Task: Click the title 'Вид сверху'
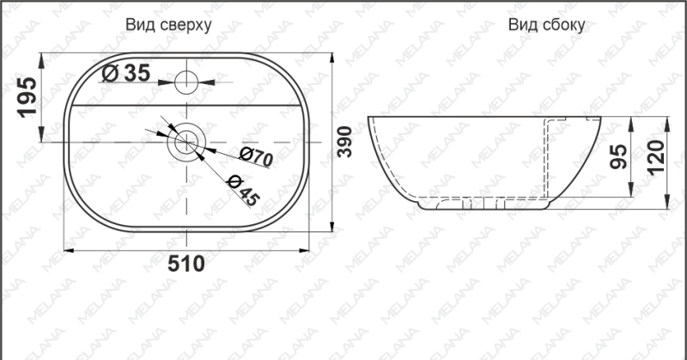pyautogui.click(x=168, y=25)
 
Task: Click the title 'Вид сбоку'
pyautogui.click(x=546, y=25)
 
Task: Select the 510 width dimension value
pyautogui.click(x=186, y=264)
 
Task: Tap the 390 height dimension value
pyautogui.click(x=345, y=142)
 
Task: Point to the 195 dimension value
pyautogui.click(x=27, y=97)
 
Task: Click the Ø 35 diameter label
pyautogui.click(x=125, y=73)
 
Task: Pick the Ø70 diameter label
pyautogui.click(x=256, y=156)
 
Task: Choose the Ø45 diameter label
pyautogui.click(x=244, y=190)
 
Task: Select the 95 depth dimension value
pyautogui.click(x=618, y=156)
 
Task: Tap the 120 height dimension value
pyautogui.click(x=656, y=157)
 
